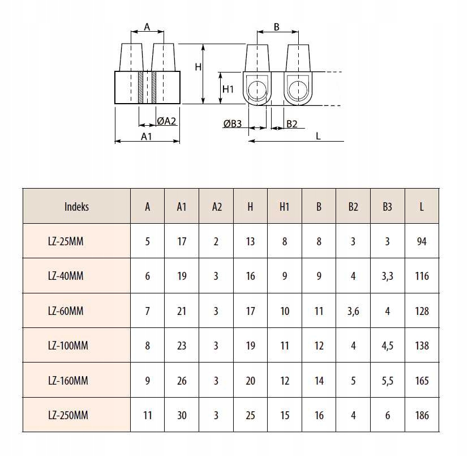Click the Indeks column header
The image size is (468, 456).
tap(76, 207)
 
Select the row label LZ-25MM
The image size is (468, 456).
tap(66, 241)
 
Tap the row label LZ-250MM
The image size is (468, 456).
tap(68, 415)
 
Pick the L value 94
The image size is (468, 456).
tap(422, 241)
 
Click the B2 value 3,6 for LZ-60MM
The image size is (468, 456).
tap(353, 311)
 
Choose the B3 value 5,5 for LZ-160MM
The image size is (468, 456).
tap(387, 381)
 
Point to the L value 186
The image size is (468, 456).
tap(422, 415)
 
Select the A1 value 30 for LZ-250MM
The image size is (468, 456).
tap(182, 415)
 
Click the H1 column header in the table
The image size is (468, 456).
tap(285, 207)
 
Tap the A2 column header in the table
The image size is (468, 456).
tap(216, 207)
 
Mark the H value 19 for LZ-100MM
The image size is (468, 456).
tap(251, 346)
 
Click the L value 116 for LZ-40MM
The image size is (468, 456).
tap(422, 276)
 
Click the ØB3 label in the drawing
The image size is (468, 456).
tap(233, 124)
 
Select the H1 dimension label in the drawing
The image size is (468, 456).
tap(228, 89)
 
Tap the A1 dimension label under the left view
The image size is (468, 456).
tap(147, 136)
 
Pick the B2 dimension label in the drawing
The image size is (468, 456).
tap(291, 124)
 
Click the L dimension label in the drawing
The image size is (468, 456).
tap(319, 136)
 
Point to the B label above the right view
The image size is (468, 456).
tap(277, 27)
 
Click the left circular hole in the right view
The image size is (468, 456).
tap(257, 89)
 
